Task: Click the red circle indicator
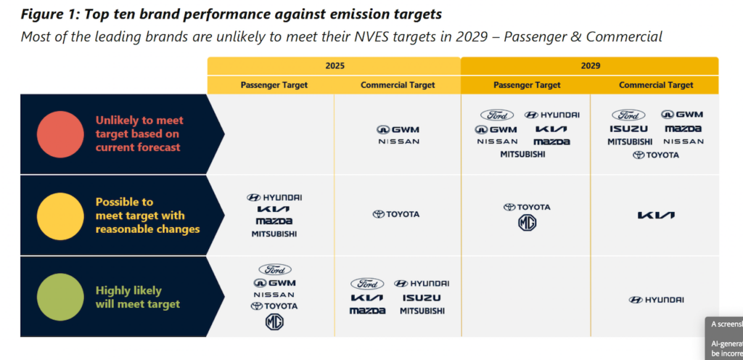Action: (60, 134)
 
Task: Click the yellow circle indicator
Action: (60, 216)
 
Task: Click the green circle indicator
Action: (60, 298)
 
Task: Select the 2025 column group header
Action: (334, 65)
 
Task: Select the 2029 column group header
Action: (589, 65)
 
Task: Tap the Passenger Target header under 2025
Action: (274, 85)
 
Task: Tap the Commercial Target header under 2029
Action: (656, 85)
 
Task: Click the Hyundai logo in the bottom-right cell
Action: (656, 300)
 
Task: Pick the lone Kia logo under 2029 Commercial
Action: (656, 216)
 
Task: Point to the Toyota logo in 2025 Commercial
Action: (396, 214)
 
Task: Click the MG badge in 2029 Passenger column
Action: (527, 223)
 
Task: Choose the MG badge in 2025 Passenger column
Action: (274, 322)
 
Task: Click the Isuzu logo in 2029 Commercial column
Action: (628, 128)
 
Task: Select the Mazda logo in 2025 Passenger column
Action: (274, 221)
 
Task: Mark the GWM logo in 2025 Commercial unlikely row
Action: (398, 129)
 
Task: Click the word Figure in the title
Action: (46, 15)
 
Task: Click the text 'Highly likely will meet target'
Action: (138, 298)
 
